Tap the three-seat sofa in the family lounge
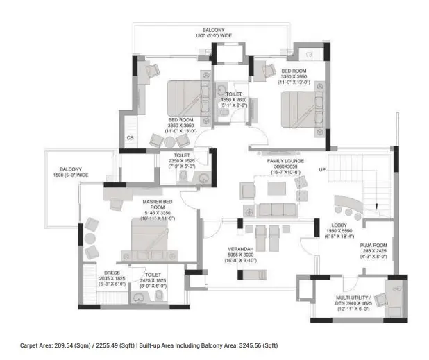pyautogui.click(x=269, y=210)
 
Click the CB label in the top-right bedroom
pyautogui.click(x=309, y=53)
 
